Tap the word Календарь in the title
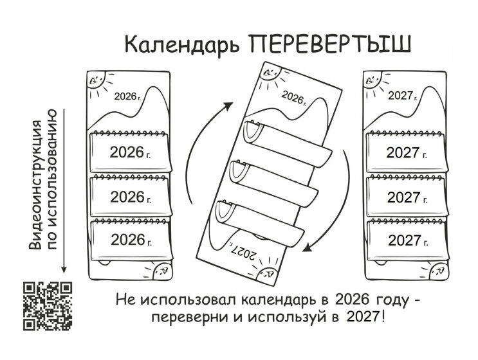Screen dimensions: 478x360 (x=181, y=45)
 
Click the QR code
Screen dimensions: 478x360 (x=48, y=306)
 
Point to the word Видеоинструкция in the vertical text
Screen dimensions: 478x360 (x=35, y=185)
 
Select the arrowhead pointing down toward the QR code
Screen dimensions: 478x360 (x=64, y=269)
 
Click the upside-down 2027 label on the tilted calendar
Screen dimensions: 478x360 (x=243, y=252)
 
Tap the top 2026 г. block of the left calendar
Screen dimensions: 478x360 (x=131, y=151)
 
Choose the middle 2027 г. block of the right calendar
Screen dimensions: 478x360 (x=407, y=197)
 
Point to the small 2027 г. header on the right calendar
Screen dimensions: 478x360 (x=402, y=96)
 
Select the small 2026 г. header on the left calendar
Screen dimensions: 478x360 (x=128, y=96)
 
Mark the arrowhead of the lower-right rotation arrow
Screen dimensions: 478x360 (x=308, y=248)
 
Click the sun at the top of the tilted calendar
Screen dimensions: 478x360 (x=271, y=73)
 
